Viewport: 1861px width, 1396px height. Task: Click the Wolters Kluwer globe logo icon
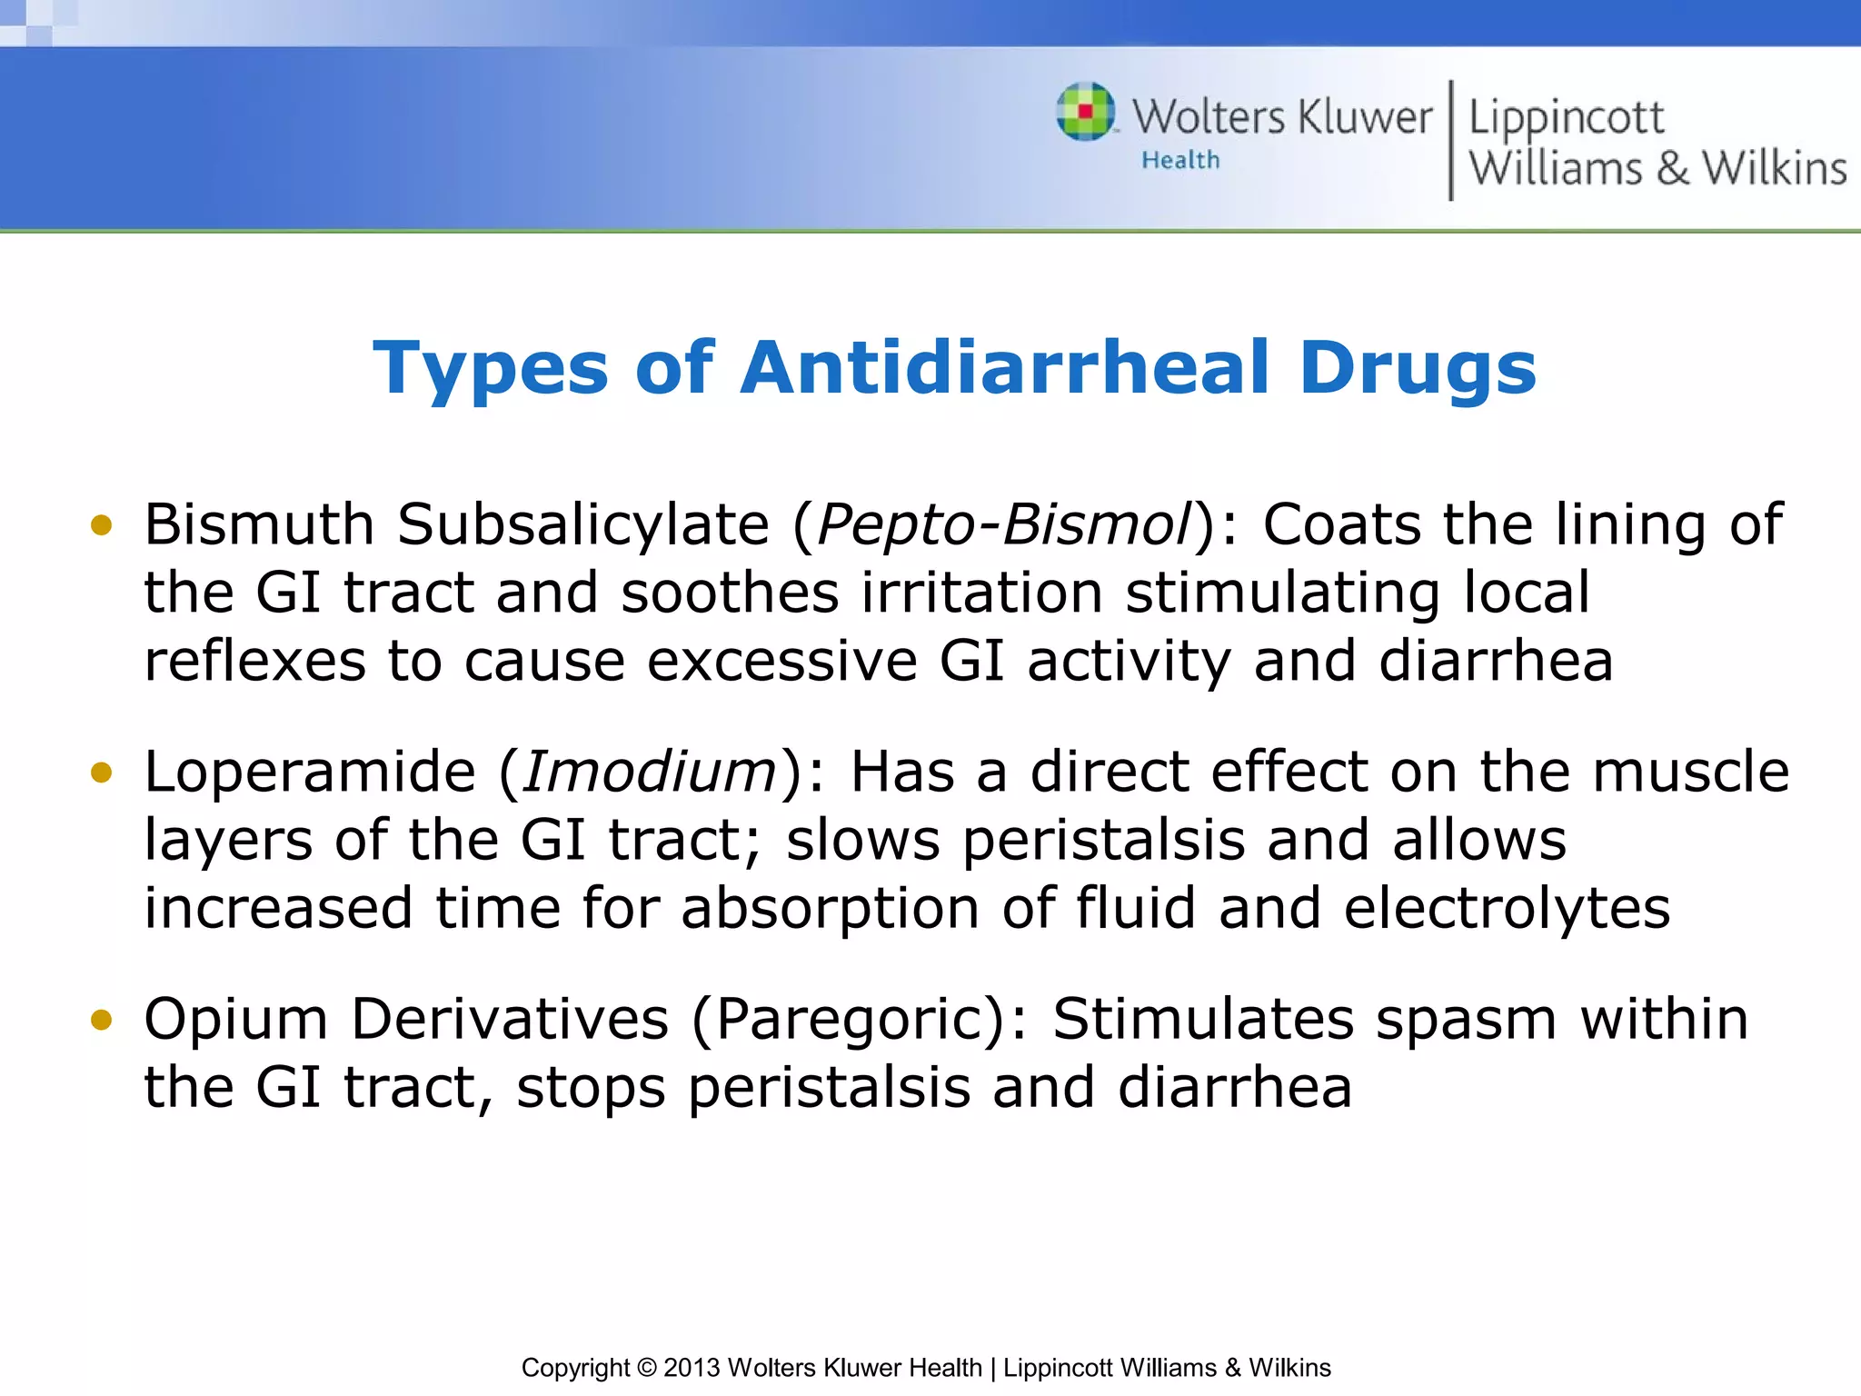pyautogui.click(x=1086, y=112)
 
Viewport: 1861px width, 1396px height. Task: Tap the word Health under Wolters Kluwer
pyautogui.click(x=1180, y=161)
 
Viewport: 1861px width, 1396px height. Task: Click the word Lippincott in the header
pyautogui.click(x=1566, y=118)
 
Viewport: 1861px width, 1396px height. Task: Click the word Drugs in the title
pyautogui.click(x=1418, y=368)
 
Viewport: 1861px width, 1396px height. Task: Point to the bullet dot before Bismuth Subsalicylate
pyautogui.click(x=101, y=525)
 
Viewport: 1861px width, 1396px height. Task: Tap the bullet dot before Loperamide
pyautogui.click(x=101, y=773)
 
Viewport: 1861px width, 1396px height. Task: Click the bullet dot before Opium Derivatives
pyautogui.click(x=101, y=1020)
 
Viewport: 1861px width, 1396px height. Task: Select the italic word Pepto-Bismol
pyautogui.click(x=1004, y=525)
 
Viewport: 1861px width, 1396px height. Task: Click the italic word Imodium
pyautogui.click(x=650, y=773)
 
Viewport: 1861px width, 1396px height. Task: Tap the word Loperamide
pyautogui.click(x=310, y=773)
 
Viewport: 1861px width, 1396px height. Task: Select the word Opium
pyautogui.click(x=235, y=1020)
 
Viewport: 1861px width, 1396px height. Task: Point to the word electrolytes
pyautogui.click(x=1507, y=909)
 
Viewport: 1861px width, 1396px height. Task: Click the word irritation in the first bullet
pyautogui.click(x=981, y=593)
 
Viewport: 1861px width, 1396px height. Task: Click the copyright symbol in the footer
pyautogui.click(x=646, y=1368)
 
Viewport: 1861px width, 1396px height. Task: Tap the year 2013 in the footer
pyautogui.click(x=692, y=1368)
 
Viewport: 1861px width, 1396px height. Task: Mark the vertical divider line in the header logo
pyautogui.click(x=1451, y=141)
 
